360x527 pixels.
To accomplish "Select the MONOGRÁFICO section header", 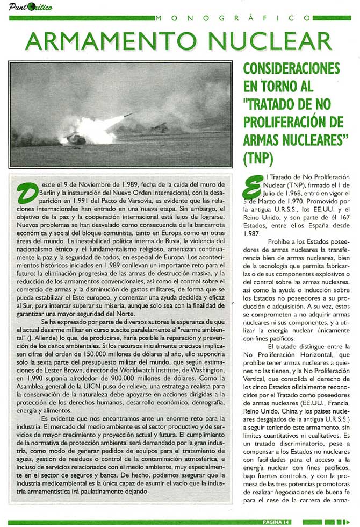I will tap(253, 18).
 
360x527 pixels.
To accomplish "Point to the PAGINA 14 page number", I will tap(277, 522).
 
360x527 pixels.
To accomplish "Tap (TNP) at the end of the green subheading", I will tap(258, 159).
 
